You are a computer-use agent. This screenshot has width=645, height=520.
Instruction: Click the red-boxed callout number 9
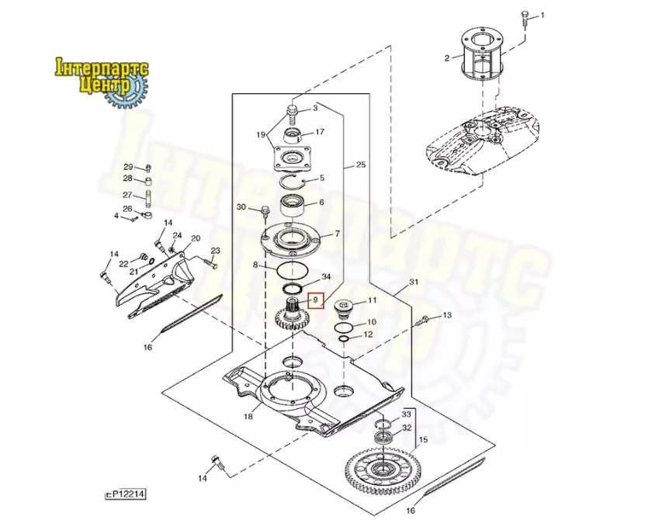315,300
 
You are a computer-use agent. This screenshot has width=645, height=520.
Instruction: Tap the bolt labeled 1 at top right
525,19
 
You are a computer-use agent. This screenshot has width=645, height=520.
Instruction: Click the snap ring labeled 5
293,181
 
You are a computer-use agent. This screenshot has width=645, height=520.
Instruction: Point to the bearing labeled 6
292,206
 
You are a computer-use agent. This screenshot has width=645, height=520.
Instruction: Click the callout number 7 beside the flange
338,234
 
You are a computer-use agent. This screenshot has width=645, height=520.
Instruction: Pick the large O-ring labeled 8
293,271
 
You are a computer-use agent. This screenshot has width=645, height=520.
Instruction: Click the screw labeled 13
422,320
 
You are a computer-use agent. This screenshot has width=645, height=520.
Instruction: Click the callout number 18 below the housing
248,416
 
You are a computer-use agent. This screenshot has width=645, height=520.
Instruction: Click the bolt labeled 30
265,212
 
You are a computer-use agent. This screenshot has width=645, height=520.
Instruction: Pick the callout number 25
360,165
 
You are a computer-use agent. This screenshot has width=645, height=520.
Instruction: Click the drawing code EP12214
126,494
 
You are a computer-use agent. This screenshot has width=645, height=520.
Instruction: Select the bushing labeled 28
148,182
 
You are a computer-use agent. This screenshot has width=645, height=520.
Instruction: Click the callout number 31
414,283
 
